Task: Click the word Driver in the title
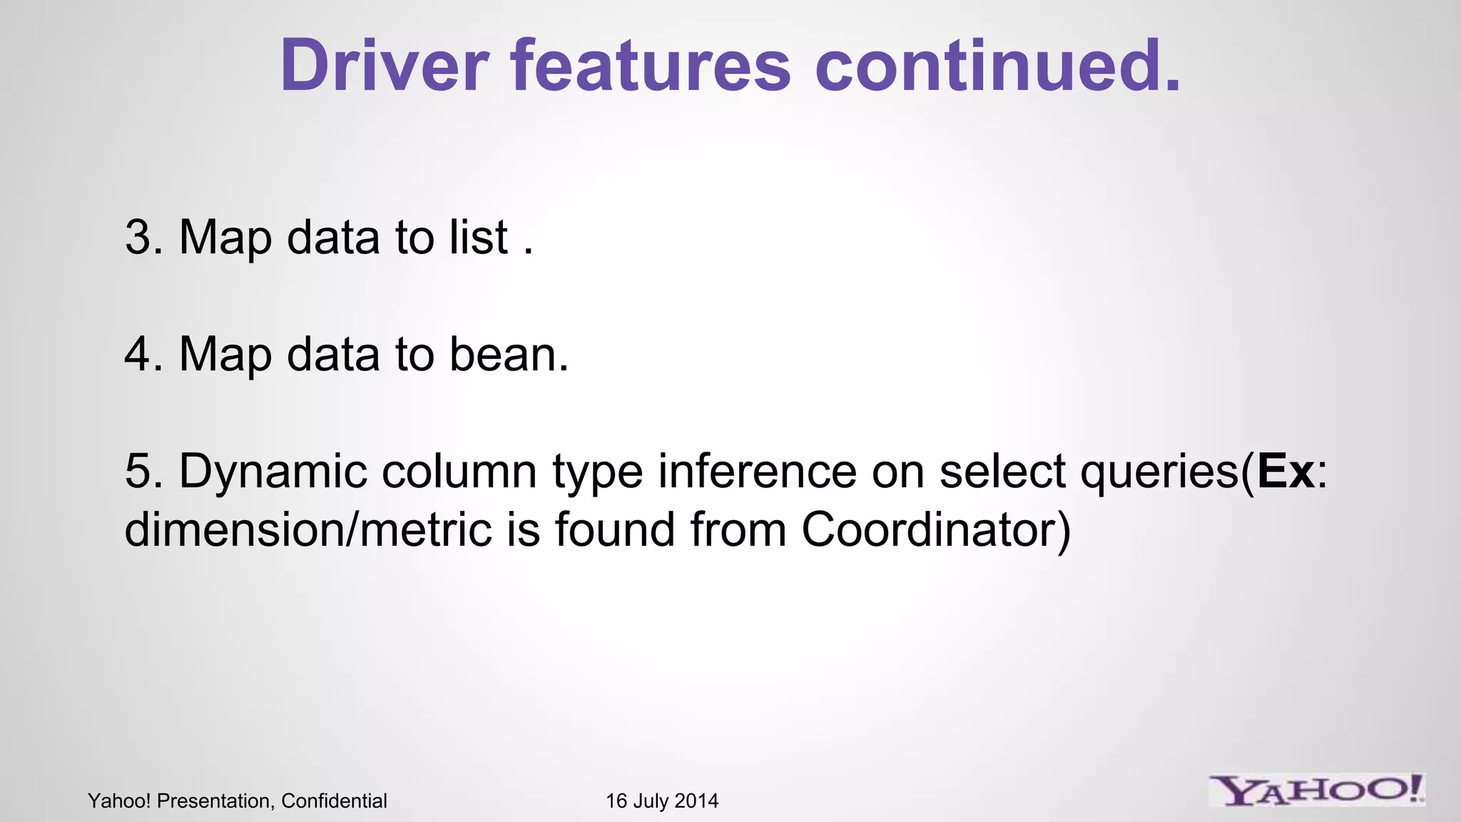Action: [384, 66]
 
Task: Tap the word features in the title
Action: [651, 66]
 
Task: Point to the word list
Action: [479, 237]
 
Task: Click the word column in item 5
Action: [459, 471]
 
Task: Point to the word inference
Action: [757, 471]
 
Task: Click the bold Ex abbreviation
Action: [1286, 471]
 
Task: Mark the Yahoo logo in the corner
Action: [1317, 790]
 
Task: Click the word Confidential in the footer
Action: [334, 801]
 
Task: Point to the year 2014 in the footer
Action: [696, 801]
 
